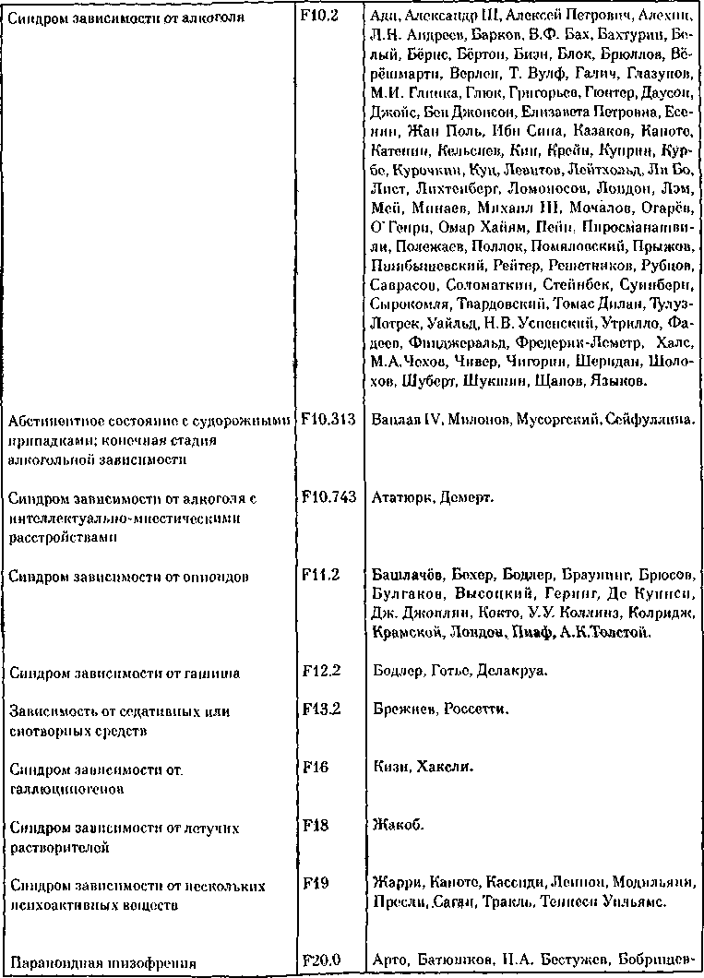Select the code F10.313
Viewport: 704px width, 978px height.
click(328, 419)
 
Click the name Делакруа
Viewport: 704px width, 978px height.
click(513, 672)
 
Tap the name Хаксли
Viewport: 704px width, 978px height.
click(446, 768)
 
